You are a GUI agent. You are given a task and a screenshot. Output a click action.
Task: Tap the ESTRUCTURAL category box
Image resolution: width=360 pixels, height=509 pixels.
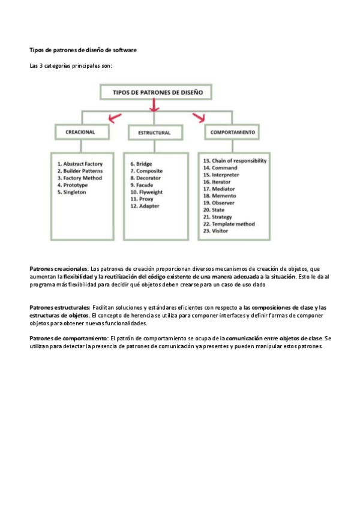[x=154, y=132]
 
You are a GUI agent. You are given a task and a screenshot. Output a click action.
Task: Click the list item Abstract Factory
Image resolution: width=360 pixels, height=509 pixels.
[x=80, y=164]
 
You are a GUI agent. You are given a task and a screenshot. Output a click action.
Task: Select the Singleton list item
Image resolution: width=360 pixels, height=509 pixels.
[x=72, y=193]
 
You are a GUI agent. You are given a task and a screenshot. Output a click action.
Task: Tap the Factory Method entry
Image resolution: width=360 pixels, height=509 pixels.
[x=80, y=178]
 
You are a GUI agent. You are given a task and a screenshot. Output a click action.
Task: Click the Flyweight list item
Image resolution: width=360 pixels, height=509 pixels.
[x=146, y=193]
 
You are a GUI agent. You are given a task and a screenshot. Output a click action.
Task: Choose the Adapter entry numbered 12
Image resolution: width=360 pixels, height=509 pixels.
[x=145, y=206]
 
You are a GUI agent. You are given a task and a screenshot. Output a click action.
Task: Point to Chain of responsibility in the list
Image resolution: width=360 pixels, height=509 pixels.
[x=235, y=161]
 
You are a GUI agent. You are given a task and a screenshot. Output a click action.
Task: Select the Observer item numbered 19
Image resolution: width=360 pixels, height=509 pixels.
[x=220, y=203]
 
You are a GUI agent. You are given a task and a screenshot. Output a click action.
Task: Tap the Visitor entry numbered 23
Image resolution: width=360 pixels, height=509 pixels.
[x=218, y=231]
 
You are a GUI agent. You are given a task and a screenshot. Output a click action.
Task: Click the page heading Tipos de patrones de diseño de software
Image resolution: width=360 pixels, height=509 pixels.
[x=83, y=50]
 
